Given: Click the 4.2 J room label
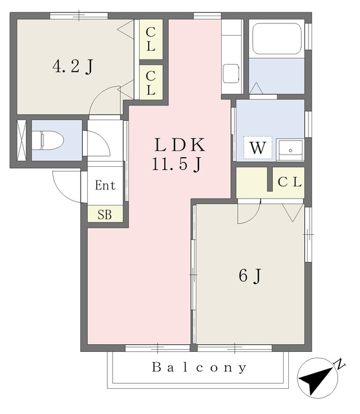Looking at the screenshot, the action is tap(73, 67).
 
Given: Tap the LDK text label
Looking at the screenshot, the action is tap(180, 145).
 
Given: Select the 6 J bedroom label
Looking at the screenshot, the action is tap(250, 276).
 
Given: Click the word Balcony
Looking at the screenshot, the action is tap(199, 367).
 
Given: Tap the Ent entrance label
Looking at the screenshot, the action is tap(105, 185).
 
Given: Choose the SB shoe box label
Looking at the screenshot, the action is tap(105, 215).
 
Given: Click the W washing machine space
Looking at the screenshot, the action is tap(258, 147).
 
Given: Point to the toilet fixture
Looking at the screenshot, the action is tap(48, 140).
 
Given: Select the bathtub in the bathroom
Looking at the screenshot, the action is tap(277, 39).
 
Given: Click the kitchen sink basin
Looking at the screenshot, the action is tap(231, 74).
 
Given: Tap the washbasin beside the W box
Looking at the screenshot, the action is tap(290, 150).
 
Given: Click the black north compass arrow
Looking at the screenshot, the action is tap(316, 379).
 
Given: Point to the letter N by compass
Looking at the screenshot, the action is tap(340, 364).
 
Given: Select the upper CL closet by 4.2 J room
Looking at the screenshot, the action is tap(151, 39).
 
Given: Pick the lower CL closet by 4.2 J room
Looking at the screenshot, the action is tap(151, 83).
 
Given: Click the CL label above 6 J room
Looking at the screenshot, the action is tap(290, 182).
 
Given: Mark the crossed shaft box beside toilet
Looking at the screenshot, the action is tap(21, 140).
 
